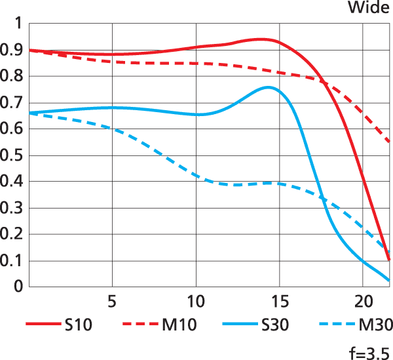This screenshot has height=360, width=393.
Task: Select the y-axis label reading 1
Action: (18, 24)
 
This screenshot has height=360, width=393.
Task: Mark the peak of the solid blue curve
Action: (269, 87)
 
